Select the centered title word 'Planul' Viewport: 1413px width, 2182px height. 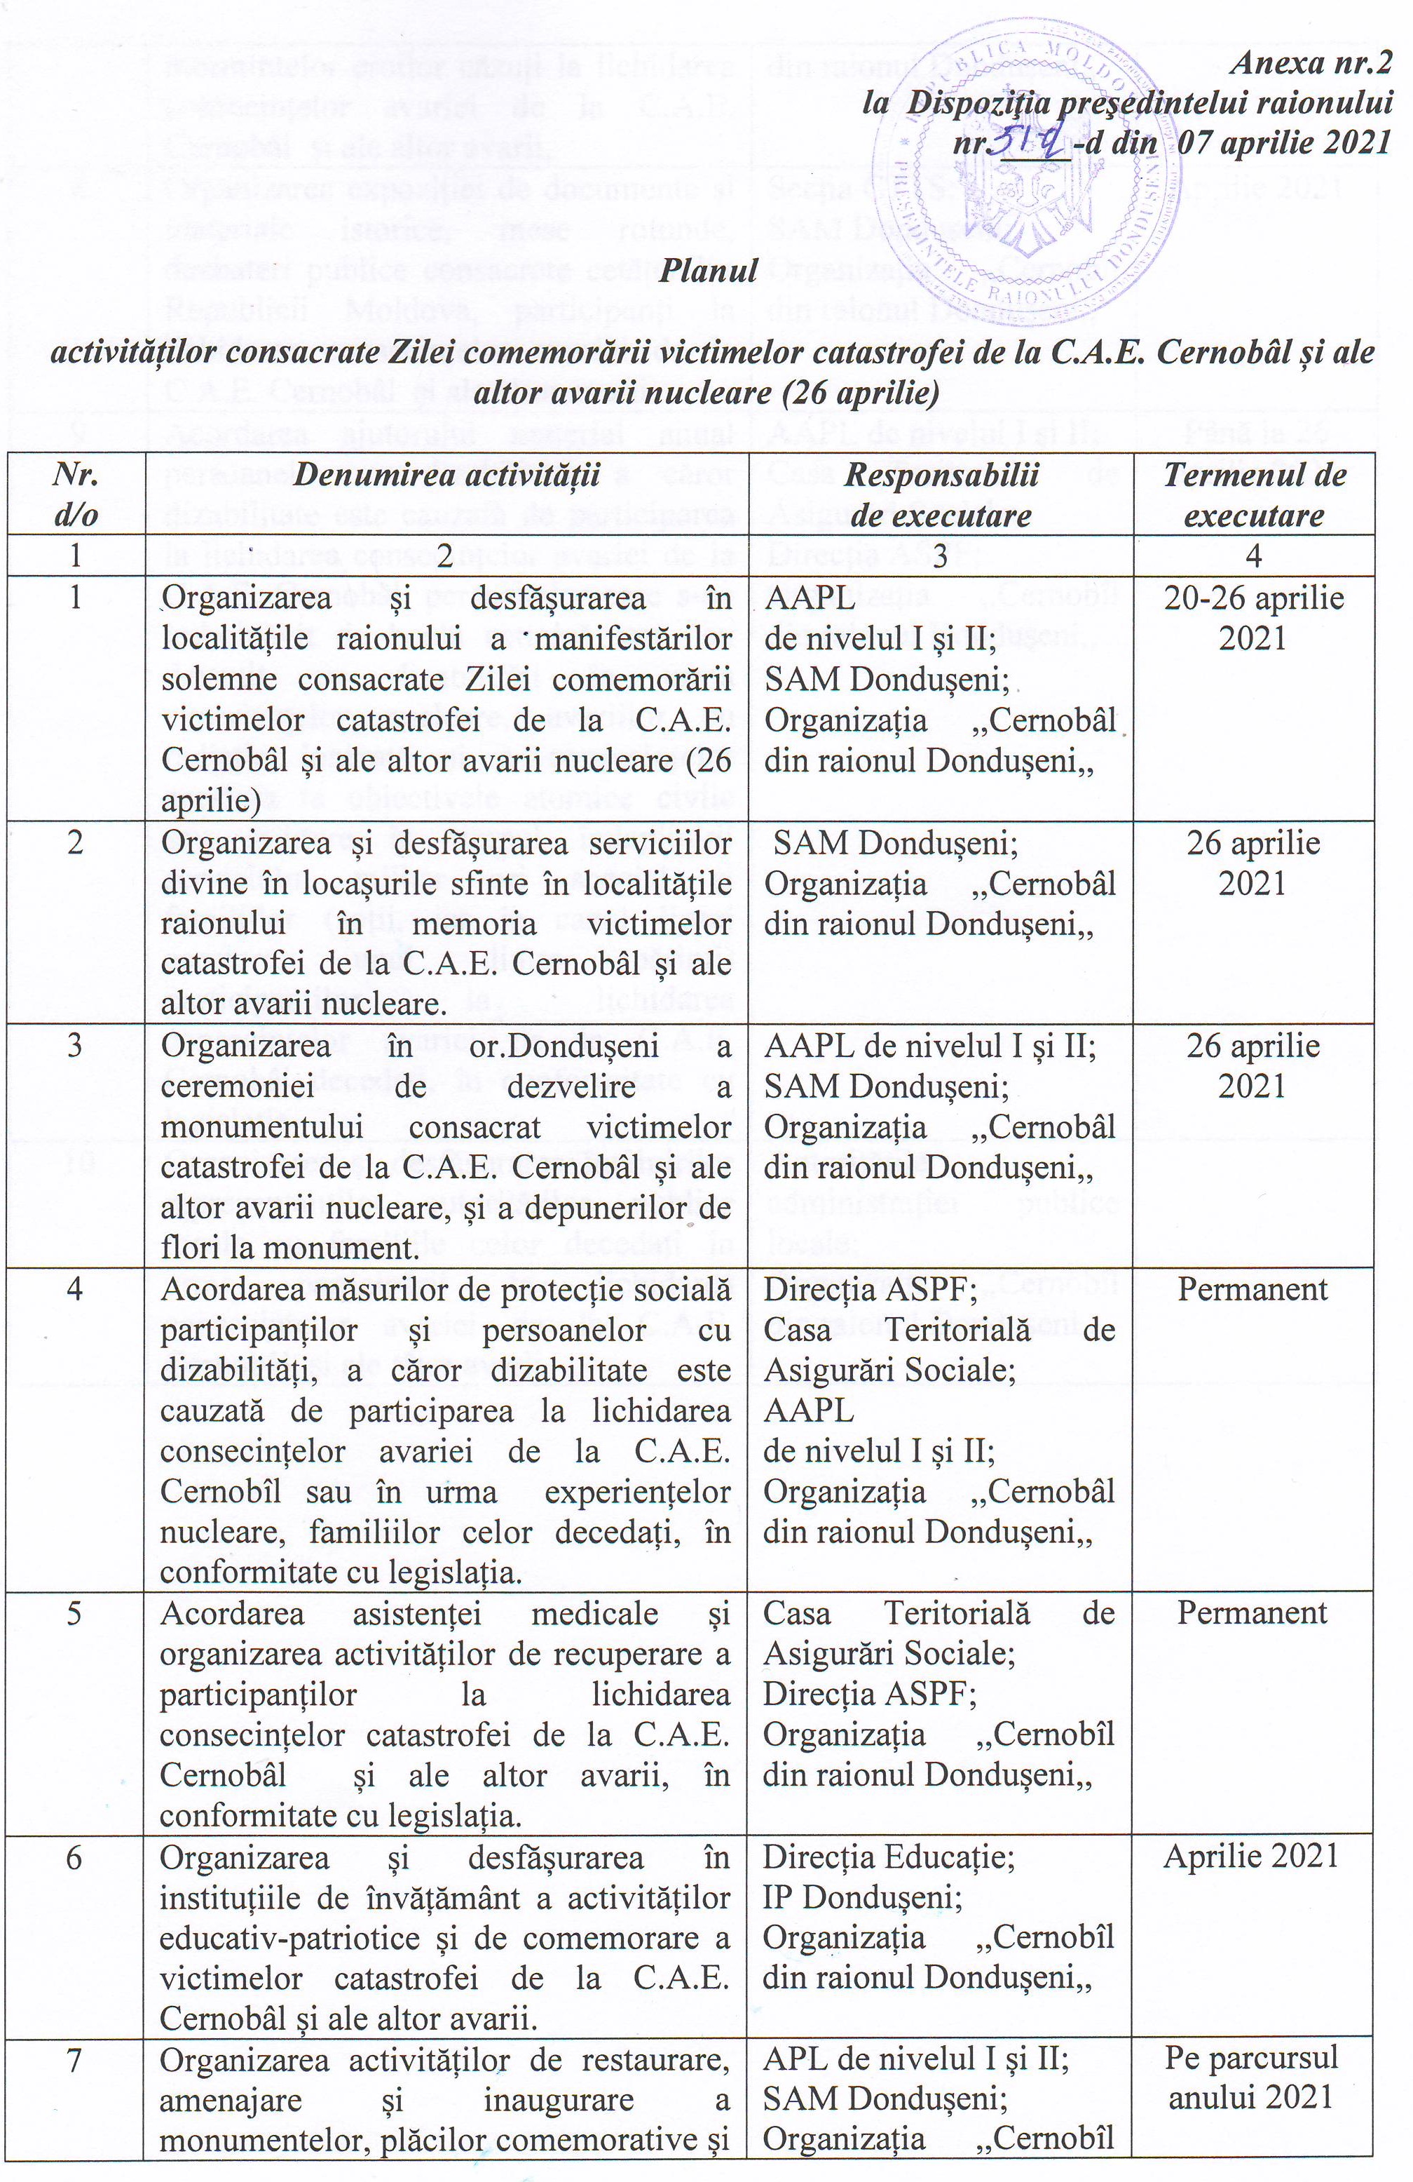(709, 271)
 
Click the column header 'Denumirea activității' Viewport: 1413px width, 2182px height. (446, 475)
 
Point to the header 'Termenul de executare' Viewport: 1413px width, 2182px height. (1252, 494)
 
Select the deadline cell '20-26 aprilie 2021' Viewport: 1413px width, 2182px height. (1252, 618)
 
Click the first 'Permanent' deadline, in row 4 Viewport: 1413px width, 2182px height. (1252, 1289)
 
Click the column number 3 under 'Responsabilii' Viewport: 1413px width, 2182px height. (940, 555)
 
